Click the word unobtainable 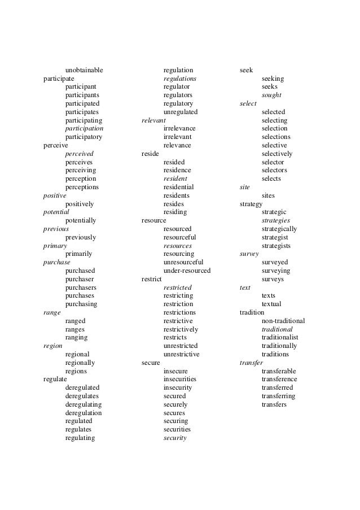[x=84, y=70]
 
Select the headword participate [x=59, y=79]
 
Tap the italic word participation [x=84, y=128]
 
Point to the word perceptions [x=82, y=187]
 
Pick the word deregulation [x=84, y=412]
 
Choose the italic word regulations [x=180, y=79]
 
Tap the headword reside [x=150, y=154]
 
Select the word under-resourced [x=187, y=271]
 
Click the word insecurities [x=180, y=379]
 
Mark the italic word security [x=175, y=438]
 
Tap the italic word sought [x=271, y=95]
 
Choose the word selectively [x=277, y=154]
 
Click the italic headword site [x=244, y=187]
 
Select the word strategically [x=279, y=229]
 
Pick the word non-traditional [x=283, y=321]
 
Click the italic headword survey [x=249, y=254]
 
